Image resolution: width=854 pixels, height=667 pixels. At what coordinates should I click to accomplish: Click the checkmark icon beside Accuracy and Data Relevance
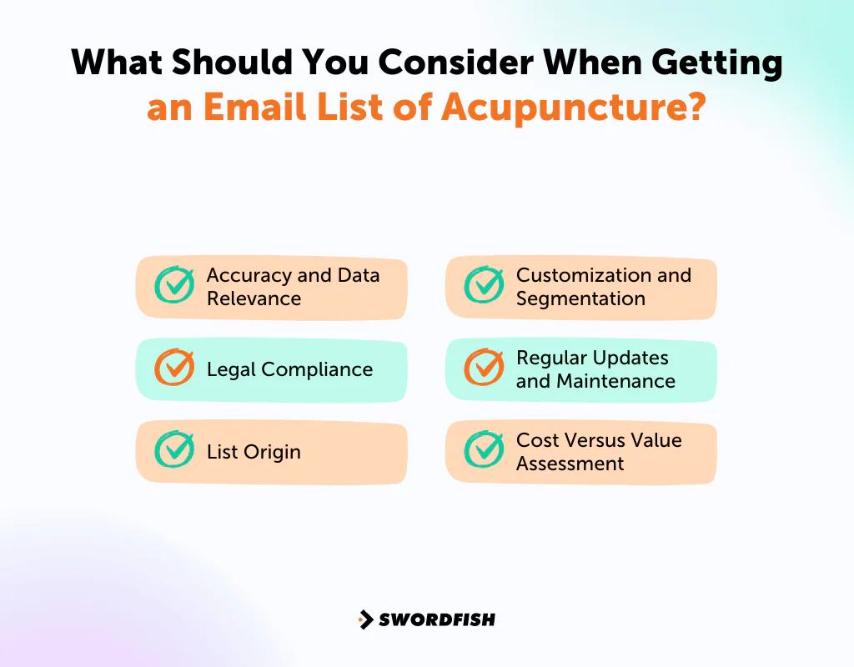click(x=174, y=285)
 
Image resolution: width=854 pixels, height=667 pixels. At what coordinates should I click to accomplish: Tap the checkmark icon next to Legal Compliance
click(x=174, y=368)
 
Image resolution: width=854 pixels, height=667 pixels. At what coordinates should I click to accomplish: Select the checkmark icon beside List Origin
click(x=174, y=450)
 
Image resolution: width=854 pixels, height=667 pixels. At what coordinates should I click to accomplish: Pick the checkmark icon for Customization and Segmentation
click(x=484, y=285)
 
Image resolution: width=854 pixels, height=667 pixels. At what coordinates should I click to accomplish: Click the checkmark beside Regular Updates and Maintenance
click(x=484, y=368)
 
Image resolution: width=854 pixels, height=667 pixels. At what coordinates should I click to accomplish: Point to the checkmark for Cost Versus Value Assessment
click(x=484, y=450)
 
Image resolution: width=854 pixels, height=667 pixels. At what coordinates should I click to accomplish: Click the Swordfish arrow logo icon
click(x=365, y=619)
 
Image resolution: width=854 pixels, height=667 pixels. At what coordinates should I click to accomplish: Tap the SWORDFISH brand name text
click(x=437, y=619)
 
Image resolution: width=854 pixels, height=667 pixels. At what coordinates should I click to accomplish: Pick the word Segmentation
click(x=580, y=298)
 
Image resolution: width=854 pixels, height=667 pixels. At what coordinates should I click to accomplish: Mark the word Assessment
click(x=570, y=464)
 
